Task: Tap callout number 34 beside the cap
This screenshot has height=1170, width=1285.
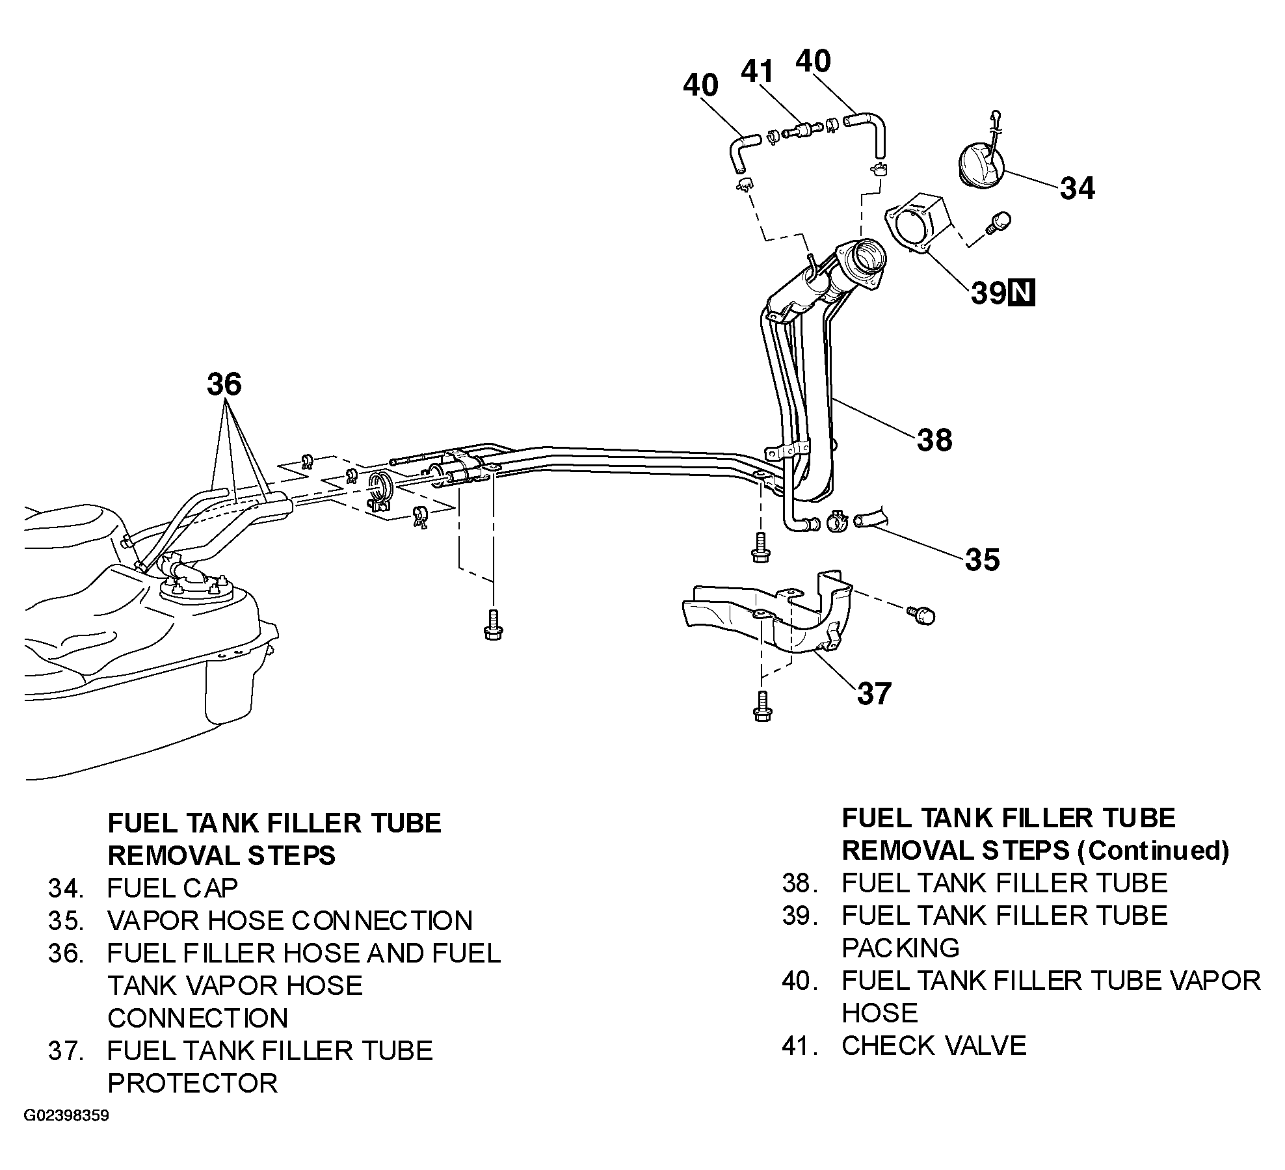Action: [x=1078, y=188]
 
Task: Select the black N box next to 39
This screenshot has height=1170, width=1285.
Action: [x=1021, y=293]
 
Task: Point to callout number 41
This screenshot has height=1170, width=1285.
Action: [x=758, y=72]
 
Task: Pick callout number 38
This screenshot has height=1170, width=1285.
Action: [x=934, y=440]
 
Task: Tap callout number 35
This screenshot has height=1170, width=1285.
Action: [x=982, y=559]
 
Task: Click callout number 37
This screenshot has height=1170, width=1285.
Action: [x=875, y=693]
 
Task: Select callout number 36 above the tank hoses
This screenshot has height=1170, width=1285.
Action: [x=224, y=384]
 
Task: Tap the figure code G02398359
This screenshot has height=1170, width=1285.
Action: [x=66, y=1116]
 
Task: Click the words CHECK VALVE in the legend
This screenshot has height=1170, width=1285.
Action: [x=934, y=1046]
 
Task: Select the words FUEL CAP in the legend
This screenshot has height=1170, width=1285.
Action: [x=172, y=887]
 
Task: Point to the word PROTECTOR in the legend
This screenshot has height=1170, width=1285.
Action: [x=192, y=1083]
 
